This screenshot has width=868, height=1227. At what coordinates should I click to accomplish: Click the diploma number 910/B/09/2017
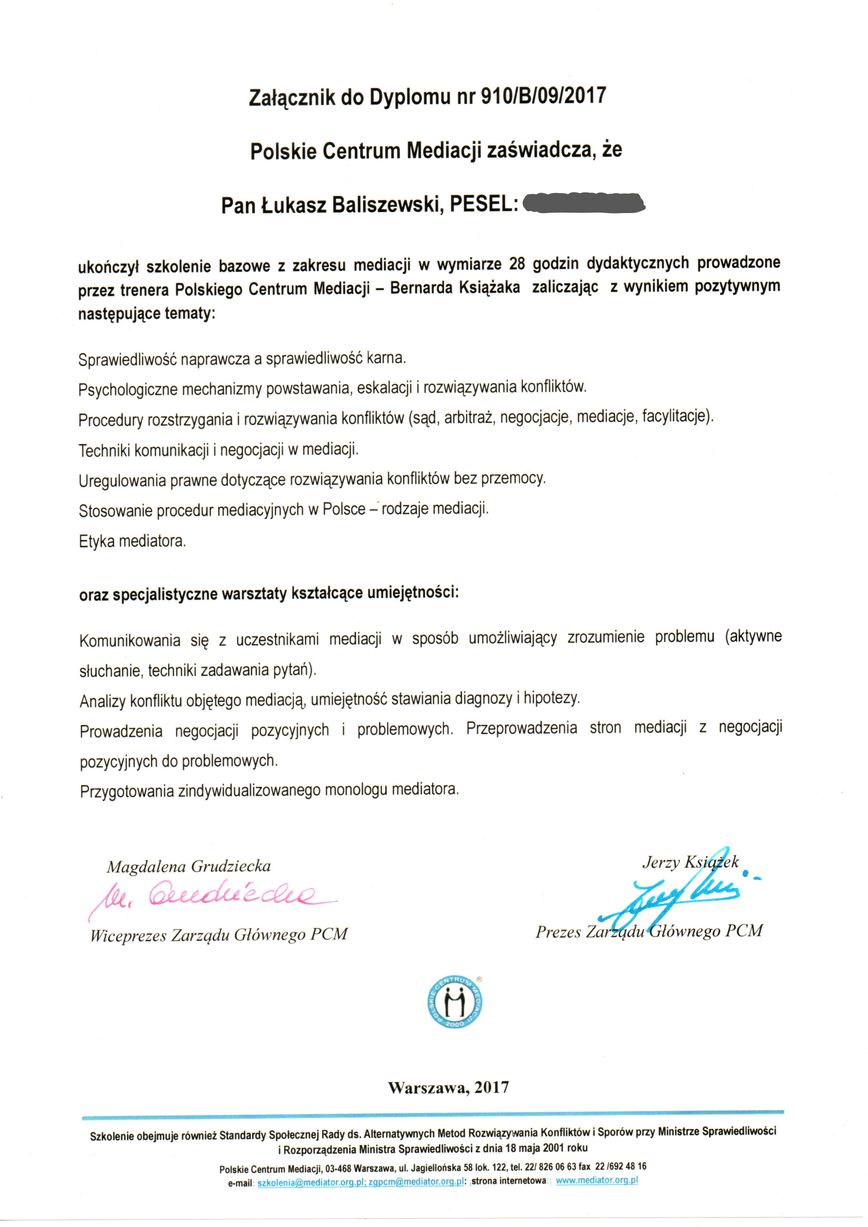[x=544, y=96]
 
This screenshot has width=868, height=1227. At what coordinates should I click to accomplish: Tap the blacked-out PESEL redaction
[x=583, y=203]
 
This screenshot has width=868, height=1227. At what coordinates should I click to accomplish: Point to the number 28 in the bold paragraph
[x=517, y=263]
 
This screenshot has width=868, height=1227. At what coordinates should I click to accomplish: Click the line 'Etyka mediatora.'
[x=133, y=542]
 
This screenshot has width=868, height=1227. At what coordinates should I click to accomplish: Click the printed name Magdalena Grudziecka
[x=189, y=866]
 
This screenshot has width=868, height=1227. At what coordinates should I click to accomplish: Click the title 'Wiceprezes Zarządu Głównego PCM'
[x=219, y=935]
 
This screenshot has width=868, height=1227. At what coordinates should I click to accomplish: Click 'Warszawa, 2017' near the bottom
[x=448, y=1087]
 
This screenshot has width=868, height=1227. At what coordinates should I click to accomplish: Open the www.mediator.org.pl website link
[x=597, y=1180]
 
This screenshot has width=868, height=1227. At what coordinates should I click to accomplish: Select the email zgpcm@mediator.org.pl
[x=416, y=1181]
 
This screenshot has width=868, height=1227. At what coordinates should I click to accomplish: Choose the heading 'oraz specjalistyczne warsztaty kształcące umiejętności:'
[x=269, y=593]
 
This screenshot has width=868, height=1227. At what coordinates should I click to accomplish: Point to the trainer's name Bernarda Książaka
[x=455, y=288]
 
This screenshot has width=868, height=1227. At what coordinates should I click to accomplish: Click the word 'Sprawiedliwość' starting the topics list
[x=127, y=359]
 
